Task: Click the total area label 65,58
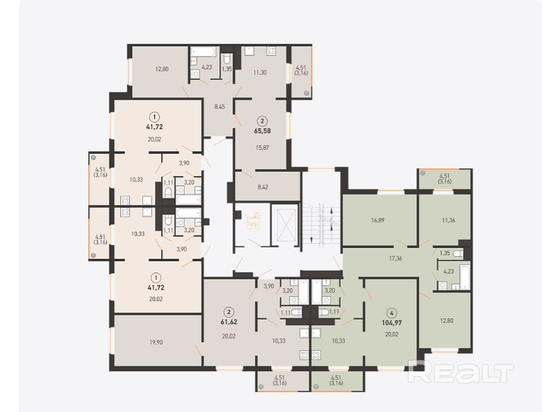coord(263,131)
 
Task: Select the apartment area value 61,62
coord(229,322)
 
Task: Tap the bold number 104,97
coord(391,323)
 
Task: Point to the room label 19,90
coord(156,342)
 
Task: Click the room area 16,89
coord(378,220)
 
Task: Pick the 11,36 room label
coord(449,220)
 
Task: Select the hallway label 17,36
coord(395,258)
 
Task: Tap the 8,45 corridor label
coord(219,107)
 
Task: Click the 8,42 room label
coord(263,187)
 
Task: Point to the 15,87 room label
coord(263,148)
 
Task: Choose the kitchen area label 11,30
coord(260,73)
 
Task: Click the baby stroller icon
coord(253,220)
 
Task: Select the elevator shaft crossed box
coord(284,225)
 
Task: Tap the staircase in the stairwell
coord(321,225)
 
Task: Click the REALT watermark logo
coord(460,372)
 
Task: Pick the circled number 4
coord(391,314)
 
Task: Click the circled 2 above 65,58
coord(263,121)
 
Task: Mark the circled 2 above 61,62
coord(229,312)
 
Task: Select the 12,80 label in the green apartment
coord(446,321)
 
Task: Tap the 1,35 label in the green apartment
coord(445,253)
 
